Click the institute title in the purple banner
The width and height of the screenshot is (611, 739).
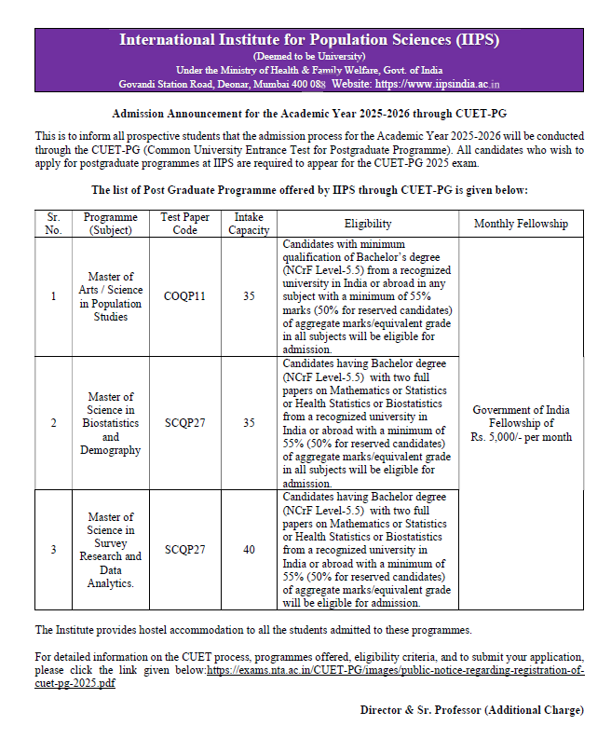point(308,40)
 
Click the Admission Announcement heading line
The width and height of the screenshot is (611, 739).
point(308,114)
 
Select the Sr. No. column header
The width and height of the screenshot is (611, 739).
point(53,224)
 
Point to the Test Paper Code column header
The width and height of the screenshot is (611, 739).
point(185,224)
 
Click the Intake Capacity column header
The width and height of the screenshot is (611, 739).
point(249,224)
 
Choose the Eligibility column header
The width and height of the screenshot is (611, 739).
point(368,224)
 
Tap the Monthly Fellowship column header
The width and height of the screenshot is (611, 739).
point(521,224)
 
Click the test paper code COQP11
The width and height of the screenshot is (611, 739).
point(185,296)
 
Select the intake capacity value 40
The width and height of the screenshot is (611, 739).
point(249,550)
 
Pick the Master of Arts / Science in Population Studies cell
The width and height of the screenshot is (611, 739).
point(110,296)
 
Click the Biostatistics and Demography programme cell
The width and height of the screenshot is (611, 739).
point(110,423)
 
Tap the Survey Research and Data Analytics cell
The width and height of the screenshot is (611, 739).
point(110,550)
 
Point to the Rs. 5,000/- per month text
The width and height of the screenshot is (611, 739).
point(521,437)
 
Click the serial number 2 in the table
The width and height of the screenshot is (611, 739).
point(53,423)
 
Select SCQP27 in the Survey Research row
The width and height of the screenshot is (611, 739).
point(185,550)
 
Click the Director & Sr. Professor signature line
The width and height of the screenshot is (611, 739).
point(471,710)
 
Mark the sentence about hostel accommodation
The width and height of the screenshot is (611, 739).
point(253,630)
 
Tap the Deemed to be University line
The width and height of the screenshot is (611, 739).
point(308,56)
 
